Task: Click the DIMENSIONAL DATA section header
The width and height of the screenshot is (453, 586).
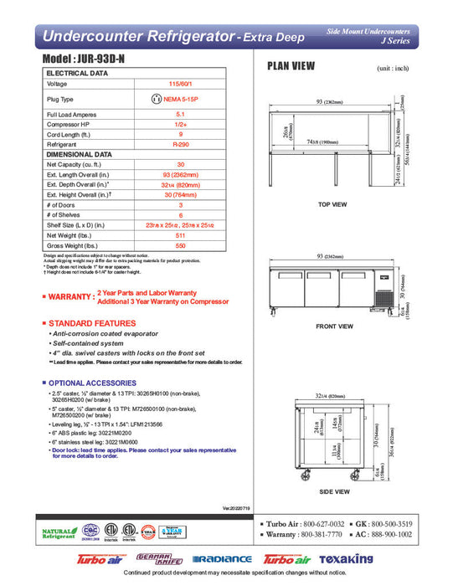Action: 79,154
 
